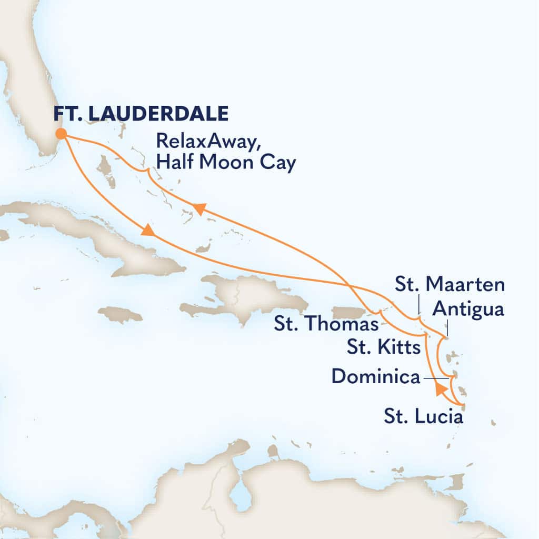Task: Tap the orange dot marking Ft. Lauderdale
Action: click(x=61, y=134)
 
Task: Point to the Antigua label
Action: click(x=468, y=310)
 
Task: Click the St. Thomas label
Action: click(x=326, y=324)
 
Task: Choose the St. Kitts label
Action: click(x=384, y=347)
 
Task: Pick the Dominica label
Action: click(x=377, y=377)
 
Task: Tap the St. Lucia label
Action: click(x=423, y=418)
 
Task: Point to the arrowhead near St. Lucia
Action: click(x=441, y=390)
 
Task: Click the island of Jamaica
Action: click(x=120, y=315)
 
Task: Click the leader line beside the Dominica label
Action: click(x=437, y=377)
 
